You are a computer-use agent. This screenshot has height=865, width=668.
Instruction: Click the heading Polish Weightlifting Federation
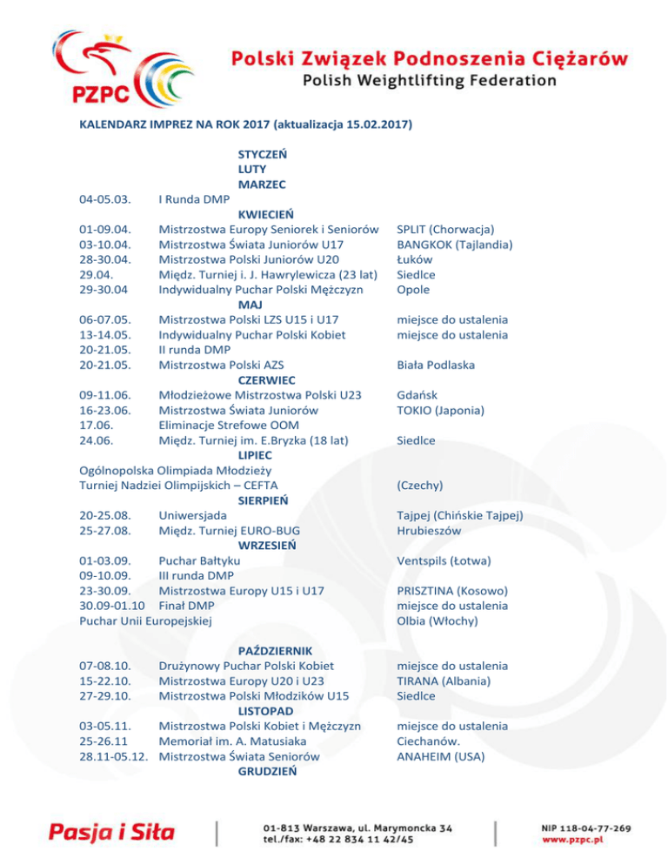(x=430, y=81)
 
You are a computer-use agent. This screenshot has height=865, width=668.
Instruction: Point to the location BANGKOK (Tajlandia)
(x=453, y=245)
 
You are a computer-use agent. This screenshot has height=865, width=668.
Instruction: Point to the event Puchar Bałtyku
(x=199, y=560)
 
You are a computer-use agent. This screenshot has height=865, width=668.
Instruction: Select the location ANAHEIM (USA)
(x=440, y=757)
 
